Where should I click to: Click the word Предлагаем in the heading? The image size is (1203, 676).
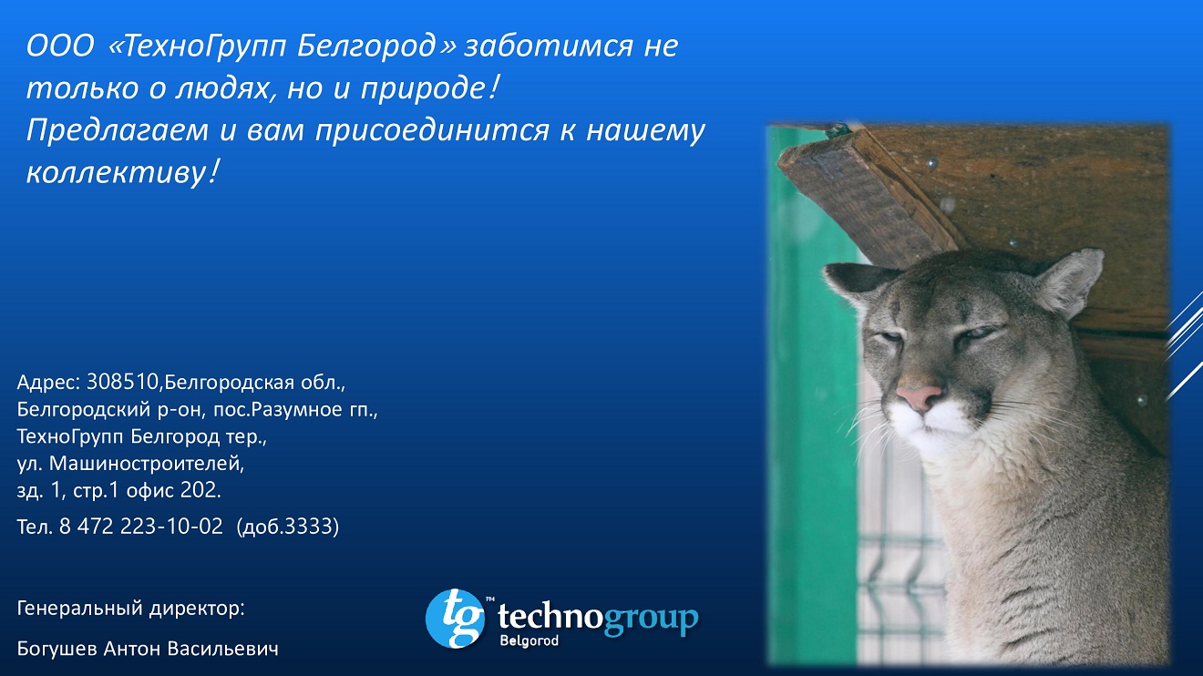[x=117, y=131]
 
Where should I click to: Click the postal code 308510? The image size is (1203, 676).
[x=122, y=382]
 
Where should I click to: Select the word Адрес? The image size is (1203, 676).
[x=47, y=383]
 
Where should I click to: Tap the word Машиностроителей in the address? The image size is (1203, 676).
[x=146, y=464]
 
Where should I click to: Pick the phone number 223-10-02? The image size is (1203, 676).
[x=171, y=527]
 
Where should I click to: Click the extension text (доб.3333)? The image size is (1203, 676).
[x=287, y=527]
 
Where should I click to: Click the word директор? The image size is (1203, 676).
[x=197, y=609]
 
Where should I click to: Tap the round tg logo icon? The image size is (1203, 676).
[x=455, y=618]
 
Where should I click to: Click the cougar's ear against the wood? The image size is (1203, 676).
[x=1069, y=282]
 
